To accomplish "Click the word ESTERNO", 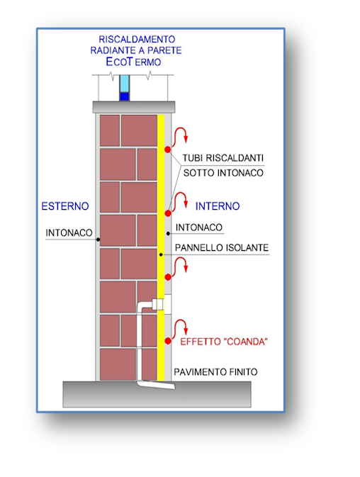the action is (65, 206).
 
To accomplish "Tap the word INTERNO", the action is (218, 206).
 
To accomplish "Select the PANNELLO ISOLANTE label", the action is (222, 247).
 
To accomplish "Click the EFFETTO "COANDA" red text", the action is (224, 342).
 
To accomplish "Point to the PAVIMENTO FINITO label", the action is (215, 371).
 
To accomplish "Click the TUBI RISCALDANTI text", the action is (223, 158).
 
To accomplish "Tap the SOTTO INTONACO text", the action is (223, 173).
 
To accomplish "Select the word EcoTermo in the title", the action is (133, 62).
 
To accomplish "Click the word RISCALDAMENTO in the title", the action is (137, 39).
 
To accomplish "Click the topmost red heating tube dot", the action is (167, 150).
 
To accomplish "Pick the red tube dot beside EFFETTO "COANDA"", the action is (168, 341).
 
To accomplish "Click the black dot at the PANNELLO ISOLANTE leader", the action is (161, 254).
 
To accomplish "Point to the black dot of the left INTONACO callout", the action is (98, 240).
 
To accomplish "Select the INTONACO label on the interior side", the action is (199, 228).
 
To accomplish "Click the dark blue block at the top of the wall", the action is (124, 96).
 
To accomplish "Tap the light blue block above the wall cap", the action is (124, 84).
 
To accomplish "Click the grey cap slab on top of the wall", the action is (134, 107).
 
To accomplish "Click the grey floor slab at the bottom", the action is (157, 394).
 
